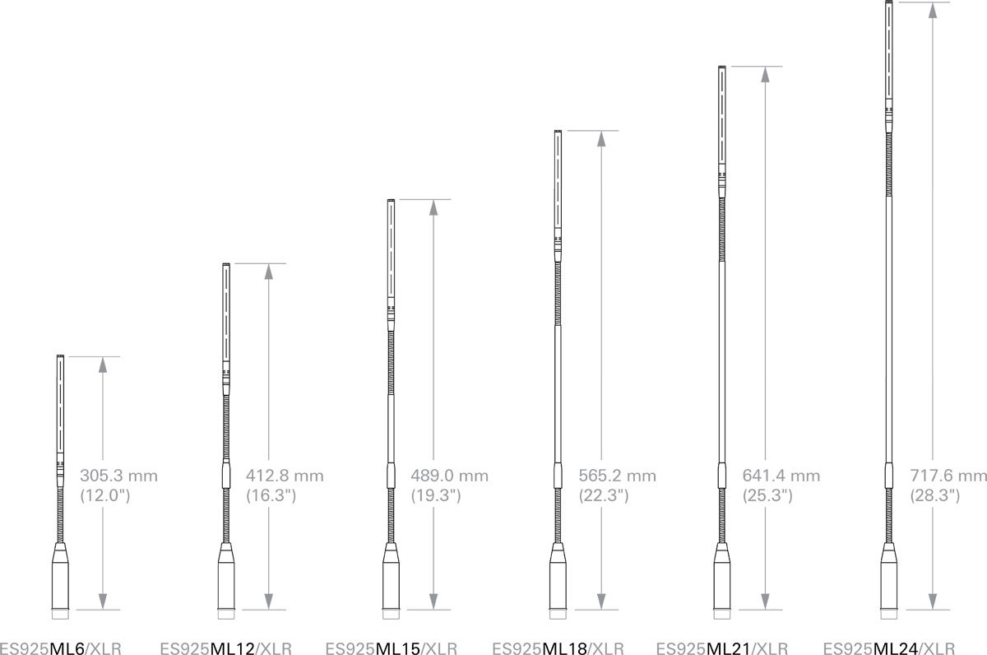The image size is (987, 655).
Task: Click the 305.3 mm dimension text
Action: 118,476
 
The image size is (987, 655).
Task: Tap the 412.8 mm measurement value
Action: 285,476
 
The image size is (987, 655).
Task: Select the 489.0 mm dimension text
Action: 449,476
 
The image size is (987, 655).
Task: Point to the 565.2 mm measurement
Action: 618,476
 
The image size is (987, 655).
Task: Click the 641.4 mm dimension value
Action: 781,476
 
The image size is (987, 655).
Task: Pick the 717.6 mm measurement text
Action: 948,476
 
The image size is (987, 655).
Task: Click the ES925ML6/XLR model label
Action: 60,648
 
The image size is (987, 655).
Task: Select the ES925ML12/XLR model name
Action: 226,648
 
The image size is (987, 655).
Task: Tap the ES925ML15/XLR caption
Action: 392,648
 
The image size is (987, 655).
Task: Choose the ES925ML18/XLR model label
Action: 558,648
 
